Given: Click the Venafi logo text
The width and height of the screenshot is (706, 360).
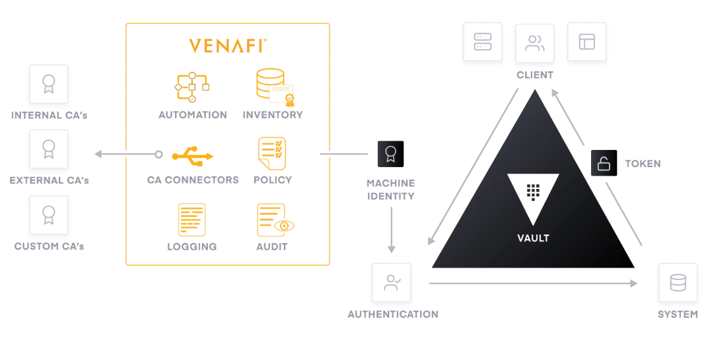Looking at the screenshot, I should tap(228, 46).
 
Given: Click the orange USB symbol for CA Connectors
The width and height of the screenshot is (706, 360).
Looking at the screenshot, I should tap(192, 155).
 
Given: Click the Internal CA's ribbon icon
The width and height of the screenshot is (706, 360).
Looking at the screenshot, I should tap(48, 84).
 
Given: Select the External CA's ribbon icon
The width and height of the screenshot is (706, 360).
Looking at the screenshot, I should tap(48, 149).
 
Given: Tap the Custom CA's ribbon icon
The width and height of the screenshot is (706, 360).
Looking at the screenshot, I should tap(48, 215).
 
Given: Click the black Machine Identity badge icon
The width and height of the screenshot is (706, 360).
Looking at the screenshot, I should tap(390, 154).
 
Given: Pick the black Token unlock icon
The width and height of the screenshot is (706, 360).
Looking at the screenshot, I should tap(604, 163).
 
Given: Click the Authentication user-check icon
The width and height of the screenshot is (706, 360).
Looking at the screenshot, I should tap(392, 283).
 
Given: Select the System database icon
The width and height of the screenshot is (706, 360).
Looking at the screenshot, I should tap(678, 283).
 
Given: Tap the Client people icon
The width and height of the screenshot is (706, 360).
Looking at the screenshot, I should tap(534, 43).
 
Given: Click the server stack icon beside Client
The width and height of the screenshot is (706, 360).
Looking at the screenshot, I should tap(482, 42).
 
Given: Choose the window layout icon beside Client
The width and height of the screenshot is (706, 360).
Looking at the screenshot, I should tap(586, 42).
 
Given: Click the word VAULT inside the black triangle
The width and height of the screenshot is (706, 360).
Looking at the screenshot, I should tap(533, 238).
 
